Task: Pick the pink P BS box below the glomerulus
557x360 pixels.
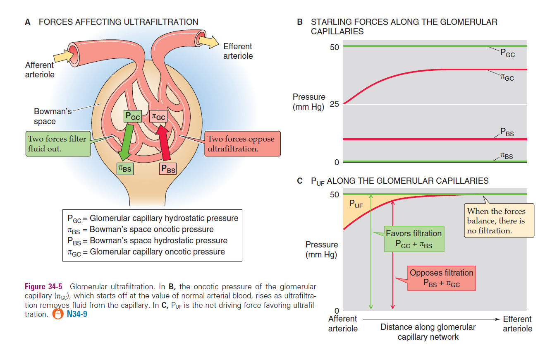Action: [x=168, y=168]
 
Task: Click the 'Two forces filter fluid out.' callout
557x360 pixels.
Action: [x=57, y=144]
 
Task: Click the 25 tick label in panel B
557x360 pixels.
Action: [x=334, y=104]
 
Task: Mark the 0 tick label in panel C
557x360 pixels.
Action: [x=337, y=311]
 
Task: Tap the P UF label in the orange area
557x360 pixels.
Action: [x=357, y=204]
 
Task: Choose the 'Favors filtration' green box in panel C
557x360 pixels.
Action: [x=414, y=239]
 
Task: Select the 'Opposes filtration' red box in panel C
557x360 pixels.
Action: [x=442, y=278]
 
